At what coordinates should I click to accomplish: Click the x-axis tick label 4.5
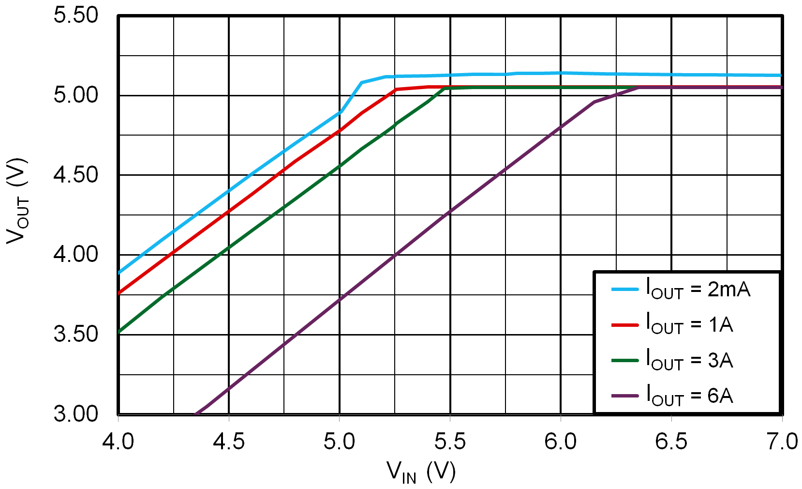pyautogui.click(x=228, y=442)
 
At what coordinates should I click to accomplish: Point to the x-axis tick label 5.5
pyautogui.click(x=450, y=442)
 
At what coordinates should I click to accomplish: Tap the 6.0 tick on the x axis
pyautogui.click(x=561, y=442)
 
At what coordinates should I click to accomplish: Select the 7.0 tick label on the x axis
pyautogui.click(x=782, y=442)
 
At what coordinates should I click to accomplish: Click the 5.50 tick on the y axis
pyautogui.click(x=76, y=15)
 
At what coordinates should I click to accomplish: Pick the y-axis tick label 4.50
pyautogui.click(x=76, y=175)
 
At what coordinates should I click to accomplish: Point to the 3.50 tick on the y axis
pyautogui.click(x=76, y=335)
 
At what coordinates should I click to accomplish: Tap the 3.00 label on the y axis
pyautogui.click(x=76, y=414)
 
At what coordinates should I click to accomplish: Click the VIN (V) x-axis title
pyautogui.click(x=421, y=472)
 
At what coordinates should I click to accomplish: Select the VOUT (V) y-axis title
pyautogui.click(x=17, y=201)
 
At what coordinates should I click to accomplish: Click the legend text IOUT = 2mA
pyautogui.click(x=698, y=290)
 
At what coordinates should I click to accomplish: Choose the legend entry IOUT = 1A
pyautogui.click(x=689, y=325)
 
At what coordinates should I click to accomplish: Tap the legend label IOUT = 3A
pyautogui.click(x=689, y=361)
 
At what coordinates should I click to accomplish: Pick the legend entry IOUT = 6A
pyautogui.click(x=689, y=396)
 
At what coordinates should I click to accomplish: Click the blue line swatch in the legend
pyautogui.click(x=625, y=290)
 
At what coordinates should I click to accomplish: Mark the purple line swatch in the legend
pyautogui.click(x=625, y=396)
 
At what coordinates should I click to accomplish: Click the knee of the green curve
pyautogui.click(x=444, y=89)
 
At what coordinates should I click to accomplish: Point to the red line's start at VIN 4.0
pyautogui.click(x=119, y=293)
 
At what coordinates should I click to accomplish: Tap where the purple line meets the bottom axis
pyautogui.click(x=195, y=414)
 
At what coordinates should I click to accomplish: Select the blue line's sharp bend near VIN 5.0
pyautogui.click(x=341, y=111)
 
